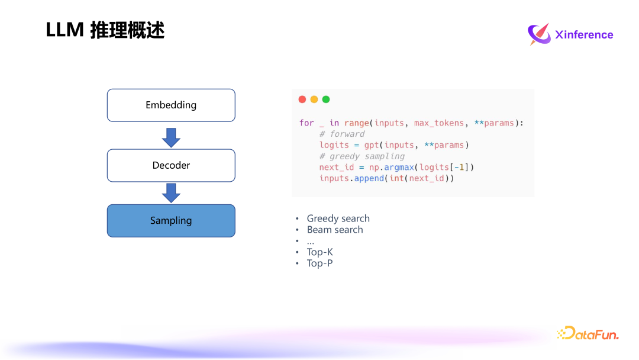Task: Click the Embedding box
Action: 171,105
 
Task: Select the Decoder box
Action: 171,165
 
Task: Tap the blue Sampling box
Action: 171,221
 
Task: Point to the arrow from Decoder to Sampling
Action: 171,193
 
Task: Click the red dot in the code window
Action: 302,99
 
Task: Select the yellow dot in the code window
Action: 314,99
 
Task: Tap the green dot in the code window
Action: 326,99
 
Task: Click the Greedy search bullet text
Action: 338,218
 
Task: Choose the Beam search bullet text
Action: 335,230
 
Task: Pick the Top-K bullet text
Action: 320,252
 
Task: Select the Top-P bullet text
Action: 319,263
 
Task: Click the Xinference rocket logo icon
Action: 538,34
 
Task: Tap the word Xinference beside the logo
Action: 584,35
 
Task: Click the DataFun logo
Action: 588,334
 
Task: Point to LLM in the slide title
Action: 64,30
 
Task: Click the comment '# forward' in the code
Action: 342,134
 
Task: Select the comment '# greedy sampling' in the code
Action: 362,156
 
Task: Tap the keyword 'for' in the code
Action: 306,123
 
